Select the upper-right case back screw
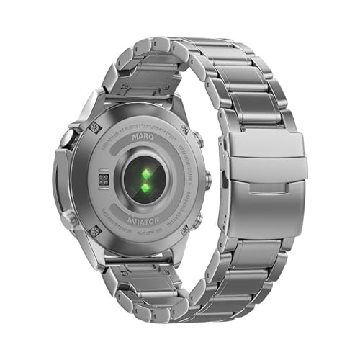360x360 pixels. pyautogui.click(x=186, y=130)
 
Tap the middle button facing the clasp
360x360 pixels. pyautogui.click(x=207, y=179)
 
